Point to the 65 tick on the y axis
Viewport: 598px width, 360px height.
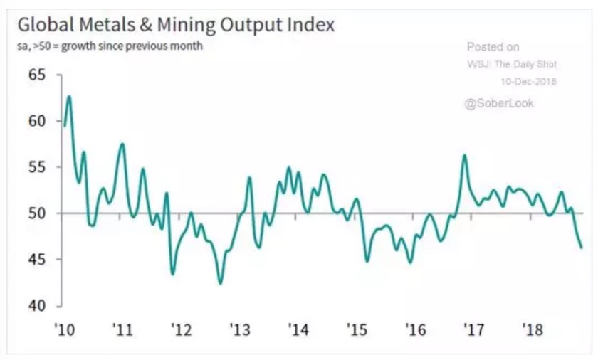(37, 75)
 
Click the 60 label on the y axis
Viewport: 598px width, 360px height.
(37, 121)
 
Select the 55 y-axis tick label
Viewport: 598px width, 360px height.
(37, 167)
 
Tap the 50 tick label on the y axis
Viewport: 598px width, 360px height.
(37, 213)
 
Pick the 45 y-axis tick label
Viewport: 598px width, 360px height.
(37, 260)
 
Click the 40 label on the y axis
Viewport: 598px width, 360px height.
(37, 306)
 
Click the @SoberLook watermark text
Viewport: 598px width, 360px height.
(499, 104)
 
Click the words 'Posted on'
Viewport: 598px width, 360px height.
(493, 48)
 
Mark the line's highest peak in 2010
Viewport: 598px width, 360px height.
(69, 96)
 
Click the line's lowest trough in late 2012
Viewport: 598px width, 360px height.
(221, 284)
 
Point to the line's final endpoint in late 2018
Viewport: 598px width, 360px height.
(582, 248)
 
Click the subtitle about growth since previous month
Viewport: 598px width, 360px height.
(110, 47)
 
